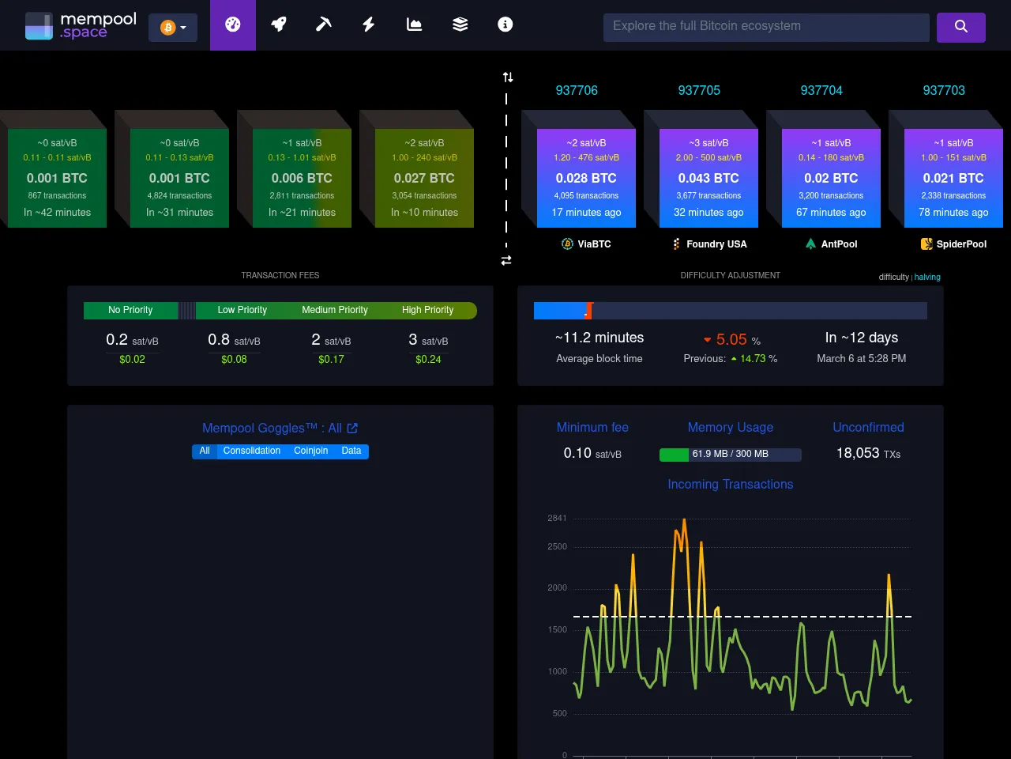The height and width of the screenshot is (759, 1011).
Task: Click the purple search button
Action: [x=960, y=27]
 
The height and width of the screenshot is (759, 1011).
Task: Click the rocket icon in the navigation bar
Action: [x=278, y=25]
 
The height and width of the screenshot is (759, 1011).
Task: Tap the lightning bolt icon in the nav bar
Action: [x=368, y=25]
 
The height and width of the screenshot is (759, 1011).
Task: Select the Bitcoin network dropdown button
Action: [x=173, y=28]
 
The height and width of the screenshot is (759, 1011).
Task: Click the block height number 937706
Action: [x=577, y=90]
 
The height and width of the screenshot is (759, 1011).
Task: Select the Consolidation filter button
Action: [x=251, y=451]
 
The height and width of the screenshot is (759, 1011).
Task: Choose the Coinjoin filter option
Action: [x=310, y=451]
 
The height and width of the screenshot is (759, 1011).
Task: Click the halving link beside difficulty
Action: [x=927, y=278]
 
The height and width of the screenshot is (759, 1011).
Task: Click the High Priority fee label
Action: [x=427, y=310]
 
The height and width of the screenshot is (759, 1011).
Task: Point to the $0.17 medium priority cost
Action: [x=331, y=359]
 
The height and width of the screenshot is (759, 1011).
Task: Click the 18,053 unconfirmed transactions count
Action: [x=858, y=453]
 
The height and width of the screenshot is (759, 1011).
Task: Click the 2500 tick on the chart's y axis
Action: [x=557, y=547]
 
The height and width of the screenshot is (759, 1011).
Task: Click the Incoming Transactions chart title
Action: [x=730, y=485]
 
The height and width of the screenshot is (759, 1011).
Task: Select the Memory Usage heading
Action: [x=730, y=428]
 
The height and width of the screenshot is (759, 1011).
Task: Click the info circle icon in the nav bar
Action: [x=505, y=25]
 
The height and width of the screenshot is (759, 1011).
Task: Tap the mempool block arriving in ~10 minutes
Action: [x=424, y=179]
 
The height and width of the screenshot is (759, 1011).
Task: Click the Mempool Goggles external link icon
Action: [x=352, y=429]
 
